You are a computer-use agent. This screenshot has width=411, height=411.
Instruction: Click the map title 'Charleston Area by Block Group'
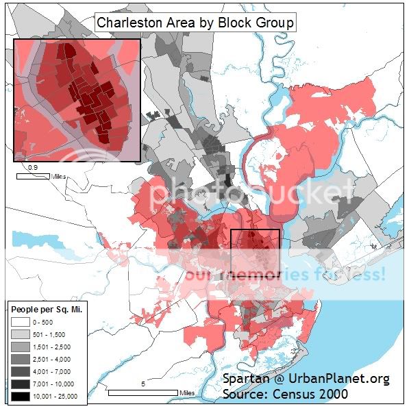(x=195, y=22)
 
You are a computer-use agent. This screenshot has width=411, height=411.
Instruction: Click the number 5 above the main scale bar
(x=142, y=385)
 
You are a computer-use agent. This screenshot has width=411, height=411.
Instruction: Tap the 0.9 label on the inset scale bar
(x=32, y=167)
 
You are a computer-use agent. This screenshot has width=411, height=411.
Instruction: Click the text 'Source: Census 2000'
(x=284, y=394)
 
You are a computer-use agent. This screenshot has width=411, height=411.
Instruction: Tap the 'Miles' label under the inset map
(x=59, y=176)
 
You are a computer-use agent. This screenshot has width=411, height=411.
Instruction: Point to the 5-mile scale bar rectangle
(x=142, y=393)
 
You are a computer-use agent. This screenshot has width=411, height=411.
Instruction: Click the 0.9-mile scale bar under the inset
(x=32, y=176)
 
